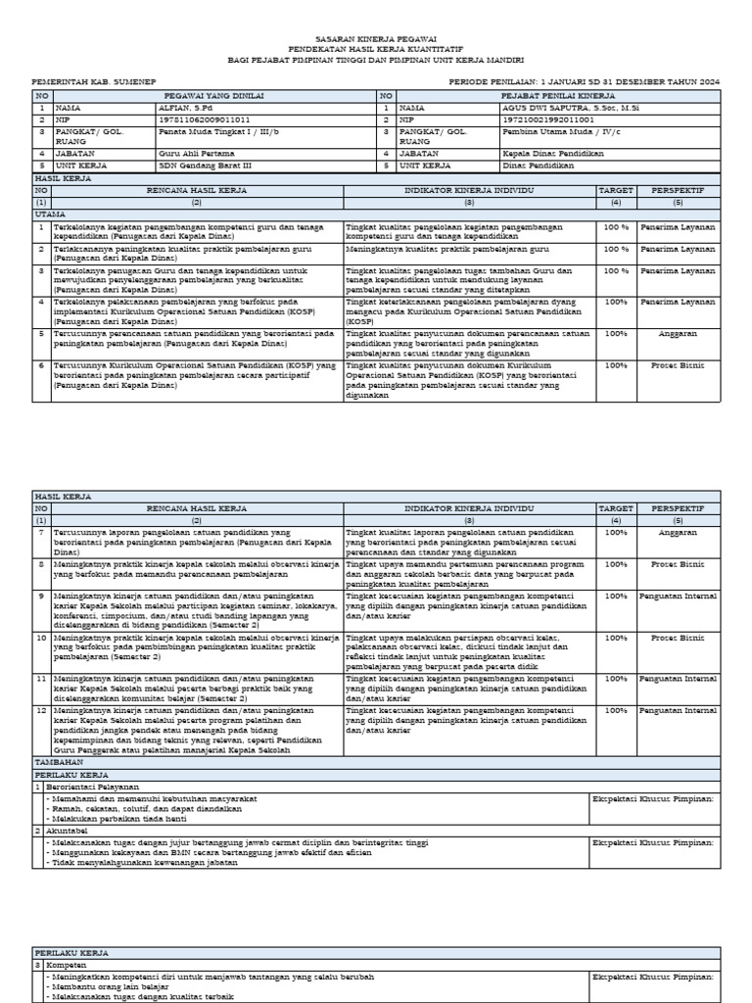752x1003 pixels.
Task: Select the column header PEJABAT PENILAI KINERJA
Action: [x=558, y=96]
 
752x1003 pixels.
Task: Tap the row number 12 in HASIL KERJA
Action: [x=41, y=710]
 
